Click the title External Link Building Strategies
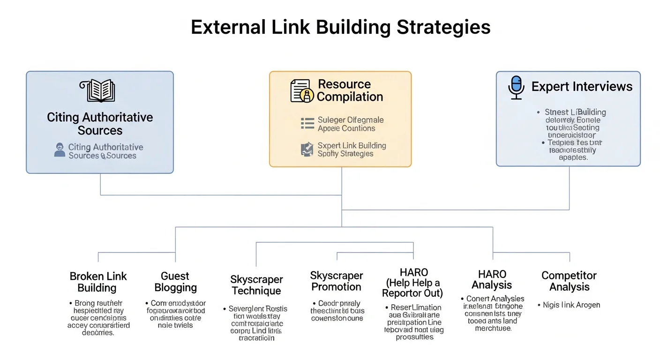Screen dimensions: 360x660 pyautogui.click(x=341, y=27)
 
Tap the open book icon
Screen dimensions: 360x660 pyautogui.click(x=100, y=90)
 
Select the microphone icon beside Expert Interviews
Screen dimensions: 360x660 pyautogui.click(x=516, y=88)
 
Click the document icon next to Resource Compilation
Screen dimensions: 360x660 pyautogui.click(x=302, y=90)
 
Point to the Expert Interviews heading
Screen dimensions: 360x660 pyautogui.click(x=582, y=87)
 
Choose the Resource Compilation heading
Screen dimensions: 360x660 pyautogui.click(x=350, y=90)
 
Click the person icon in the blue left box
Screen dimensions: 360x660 pyautogui.click(x=60, y=150)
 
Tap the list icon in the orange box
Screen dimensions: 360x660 pyautogui.click(x=307, y=123)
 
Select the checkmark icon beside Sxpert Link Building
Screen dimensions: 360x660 pyautogui.click(x=307, y=149)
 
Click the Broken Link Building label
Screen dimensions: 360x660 pyautogui.click(x=97, y=282)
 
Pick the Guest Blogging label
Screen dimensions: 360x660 pyautogui.click(x=175, y=282)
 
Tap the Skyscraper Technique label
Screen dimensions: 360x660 pyautogui.click(x=256, y=285)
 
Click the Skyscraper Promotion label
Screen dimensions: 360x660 pyautogui.click(x=336, y=281)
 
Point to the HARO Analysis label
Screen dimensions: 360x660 pyautogui.click(x=492, y=279)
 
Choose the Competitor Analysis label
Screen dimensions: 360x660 pyautogui.click(x=569, y=281)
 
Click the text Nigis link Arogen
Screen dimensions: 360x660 pyautogui.click(x=571, y=305)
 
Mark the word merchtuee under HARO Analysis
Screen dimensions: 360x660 pyautogui.click(x=493, y=329)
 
